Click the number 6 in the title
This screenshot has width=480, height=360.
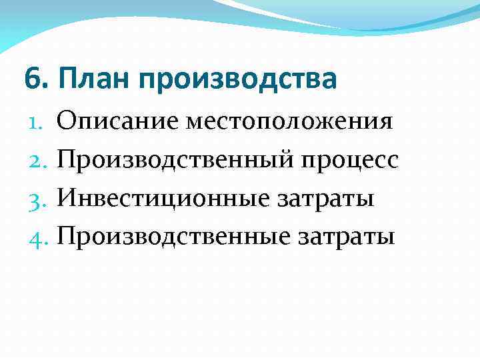tap(31, 79)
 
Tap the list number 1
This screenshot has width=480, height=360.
tap(37, 122)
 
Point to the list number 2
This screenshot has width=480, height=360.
tap(37, 161)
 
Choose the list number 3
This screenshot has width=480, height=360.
tap(37, 199)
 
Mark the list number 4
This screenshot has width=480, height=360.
tap(37, 237)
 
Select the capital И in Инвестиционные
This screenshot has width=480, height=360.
tap(67, 198)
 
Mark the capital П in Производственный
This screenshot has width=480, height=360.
tap(67, 160)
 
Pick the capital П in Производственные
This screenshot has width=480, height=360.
tap(67, 237)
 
